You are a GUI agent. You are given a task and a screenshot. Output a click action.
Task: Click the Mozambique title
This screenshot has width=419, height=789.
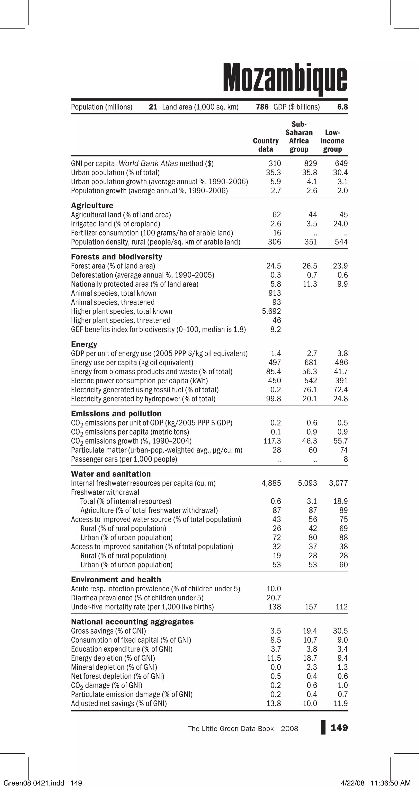coord(285,78)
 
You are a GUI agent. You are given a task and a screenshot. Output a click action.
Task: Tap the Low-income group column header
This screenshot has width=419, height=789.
coord(332,141)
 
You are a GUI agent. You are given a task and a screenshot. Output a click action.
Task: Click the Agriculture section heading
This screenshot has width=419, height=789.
coord(92,206)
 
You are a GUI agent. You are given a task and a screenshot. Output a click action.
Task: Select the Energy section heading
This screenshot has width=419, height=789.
coord(84,344)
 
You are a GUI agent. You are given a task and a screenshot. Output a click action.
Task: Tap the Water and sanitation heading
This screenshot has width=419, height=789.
coord(111,474)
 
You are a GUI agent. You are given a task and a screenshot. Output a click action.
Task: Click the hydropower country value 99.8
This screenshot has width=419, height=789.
coord(274,399)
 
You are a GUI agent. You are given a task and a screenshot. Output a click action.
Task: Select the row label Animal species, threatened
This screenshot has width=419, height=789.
coord(113,302)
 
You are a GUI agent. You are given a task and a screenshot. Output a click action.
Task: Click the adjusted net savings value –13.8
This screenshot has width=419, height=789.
coord(272,704)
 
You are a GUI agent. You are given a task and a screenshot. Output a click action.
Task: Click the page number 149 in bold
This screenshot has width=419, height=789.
coord(339,728)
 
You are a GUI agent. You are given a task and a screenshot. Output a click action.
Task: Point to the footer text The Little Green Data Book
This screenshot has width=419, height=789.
coord(231,729)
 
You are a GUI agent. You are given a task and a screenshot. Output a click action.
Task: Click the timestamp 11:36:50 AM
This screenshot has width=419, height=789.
coord(390,783)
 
